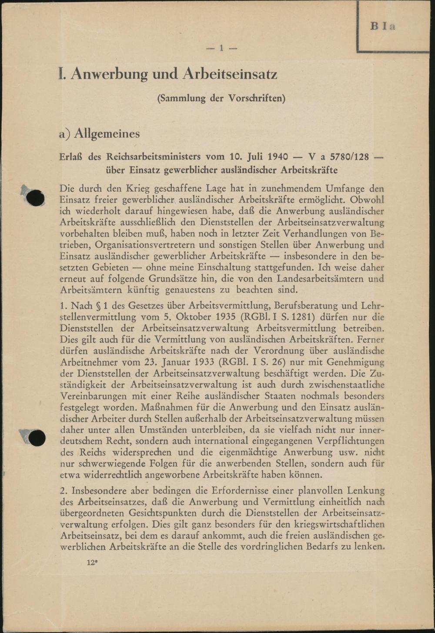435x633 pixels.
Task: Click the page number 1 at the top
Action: [221, 48]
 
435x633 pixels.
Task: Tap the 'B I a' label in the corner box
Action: [383, 26]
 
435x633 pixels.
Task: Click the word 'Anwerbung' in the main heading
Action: [109, 74]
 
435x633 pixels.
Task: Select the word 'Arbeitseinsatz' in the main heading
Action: [230, 74]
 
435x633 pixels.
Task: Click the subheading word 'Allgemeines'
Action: [107, 133]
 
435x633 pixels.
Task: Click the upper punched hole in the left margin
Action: [35, 198]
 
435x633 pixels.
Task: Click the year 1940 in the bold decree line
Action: [278, 157]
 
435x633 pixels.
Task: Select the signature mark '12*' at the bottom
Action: [93, 562]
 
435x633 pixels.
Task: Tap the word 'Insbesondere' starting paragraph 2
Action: [98, 491]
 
